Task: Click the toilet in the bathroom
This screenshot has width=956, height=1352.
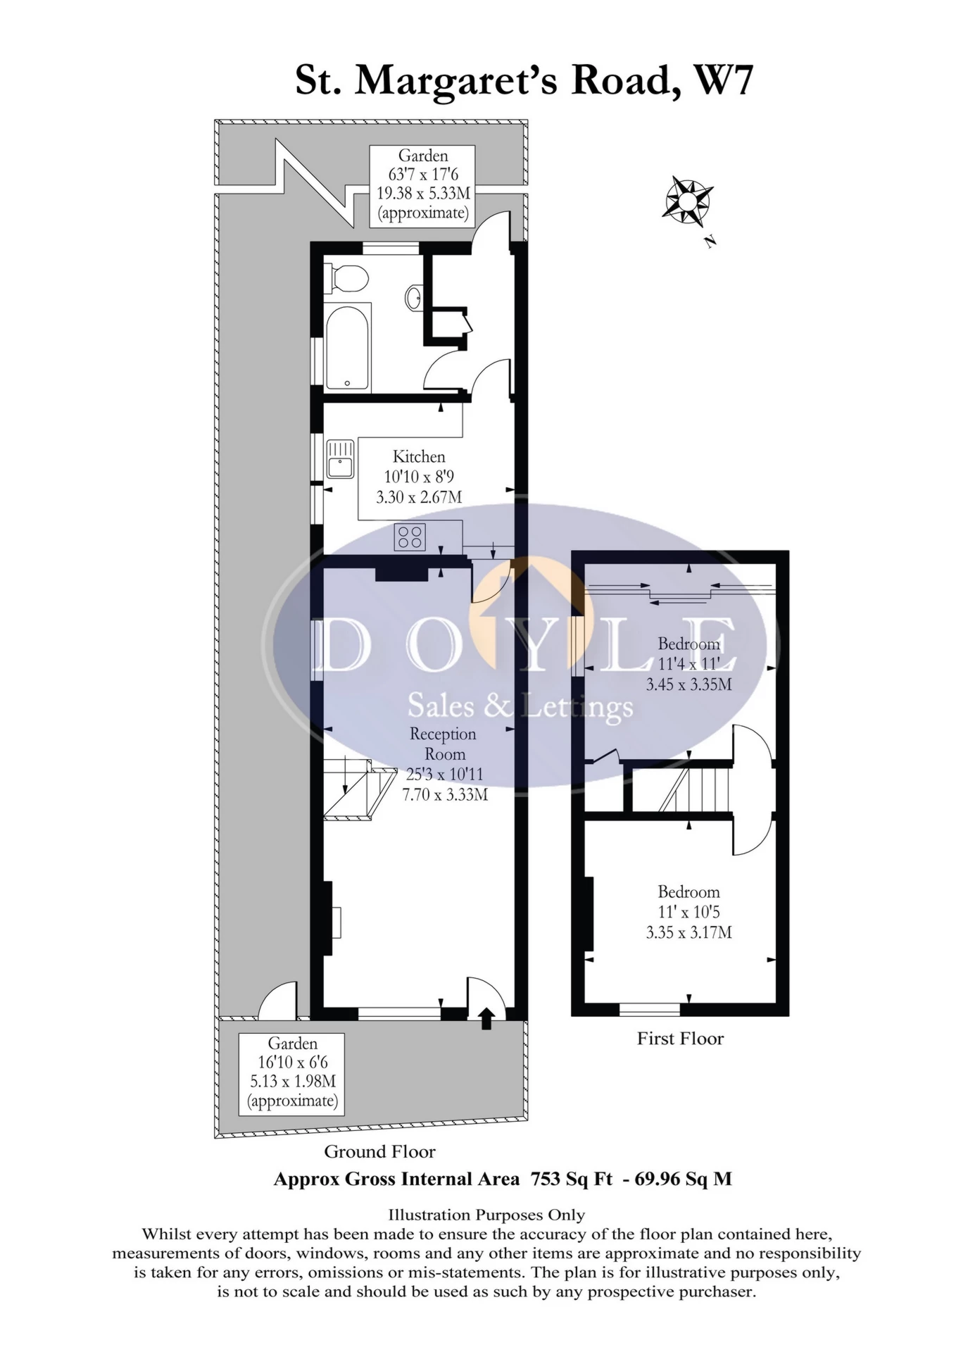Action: pyautogui.click(x=346, y=278)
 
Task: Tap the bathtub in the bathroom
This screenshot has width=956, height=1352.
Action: pyautogui.click(x=348, y=348)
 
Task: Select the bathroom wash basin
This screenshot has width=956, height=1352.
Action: pyautogui.click(x=414, y=297)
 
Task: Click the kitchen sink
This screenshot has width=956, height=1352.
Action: pyautogui.click(x=340, y=458)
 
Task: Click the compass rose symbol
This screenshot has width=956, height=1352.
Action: pyautogui.click(x=686, y=200)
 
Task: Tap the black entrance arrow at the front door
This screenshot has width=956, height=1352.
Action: pyautogui.click(x=486, y=1018)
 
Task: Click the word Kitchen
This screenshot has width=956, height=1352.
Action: pyautogui.click(x=419, y=456)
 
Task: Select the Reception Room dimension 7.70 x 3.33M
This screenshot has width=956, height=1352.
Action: pyautogui.click(x=445, y=794)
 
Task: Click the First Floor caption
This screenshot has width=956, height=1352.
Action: pyautogui.click(x=680, y=1039)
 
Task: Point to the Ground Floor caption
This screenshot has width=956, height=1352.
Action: pyautogui.click(x=379, y=1151)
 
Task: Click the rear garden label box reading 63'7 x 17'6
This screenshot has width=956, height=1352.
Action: pyautogui.click(x=422, y=186)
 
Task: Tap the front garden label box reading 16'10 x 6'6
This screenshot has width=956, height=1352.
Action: pyautogui.click(x=292, y=1074)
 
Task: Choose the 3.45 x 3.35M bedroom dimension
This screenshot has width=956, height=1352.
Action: pyautogui.click(x=689, y=684)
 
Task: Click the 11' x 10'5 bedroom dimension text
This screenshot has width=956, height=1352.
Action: pyautogui.click(x=688, y=912)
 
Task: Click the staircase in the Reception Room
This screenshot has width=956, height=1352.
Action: pyautogui.click(x=358, y=789)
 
